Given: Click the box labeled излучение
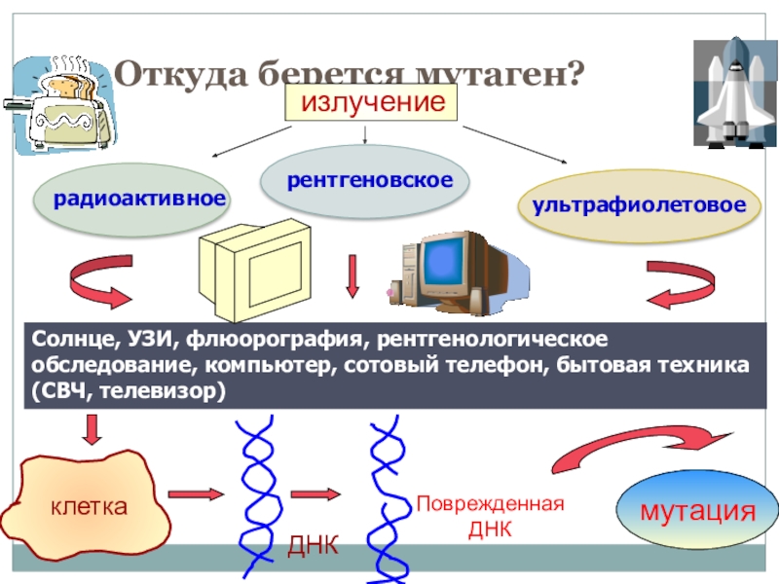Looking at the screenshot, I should click(x=370, y=102).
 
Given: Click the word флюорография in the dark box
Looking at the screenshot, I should click(x=289, y=340).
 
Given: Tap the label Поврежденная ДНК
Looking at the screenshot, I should click(x=490, y=517).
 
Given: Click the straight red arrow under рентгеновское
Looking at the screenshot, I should click(x=352, y=277).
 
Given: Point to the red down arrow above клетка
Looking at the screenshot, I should click(x=93, y=428).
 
